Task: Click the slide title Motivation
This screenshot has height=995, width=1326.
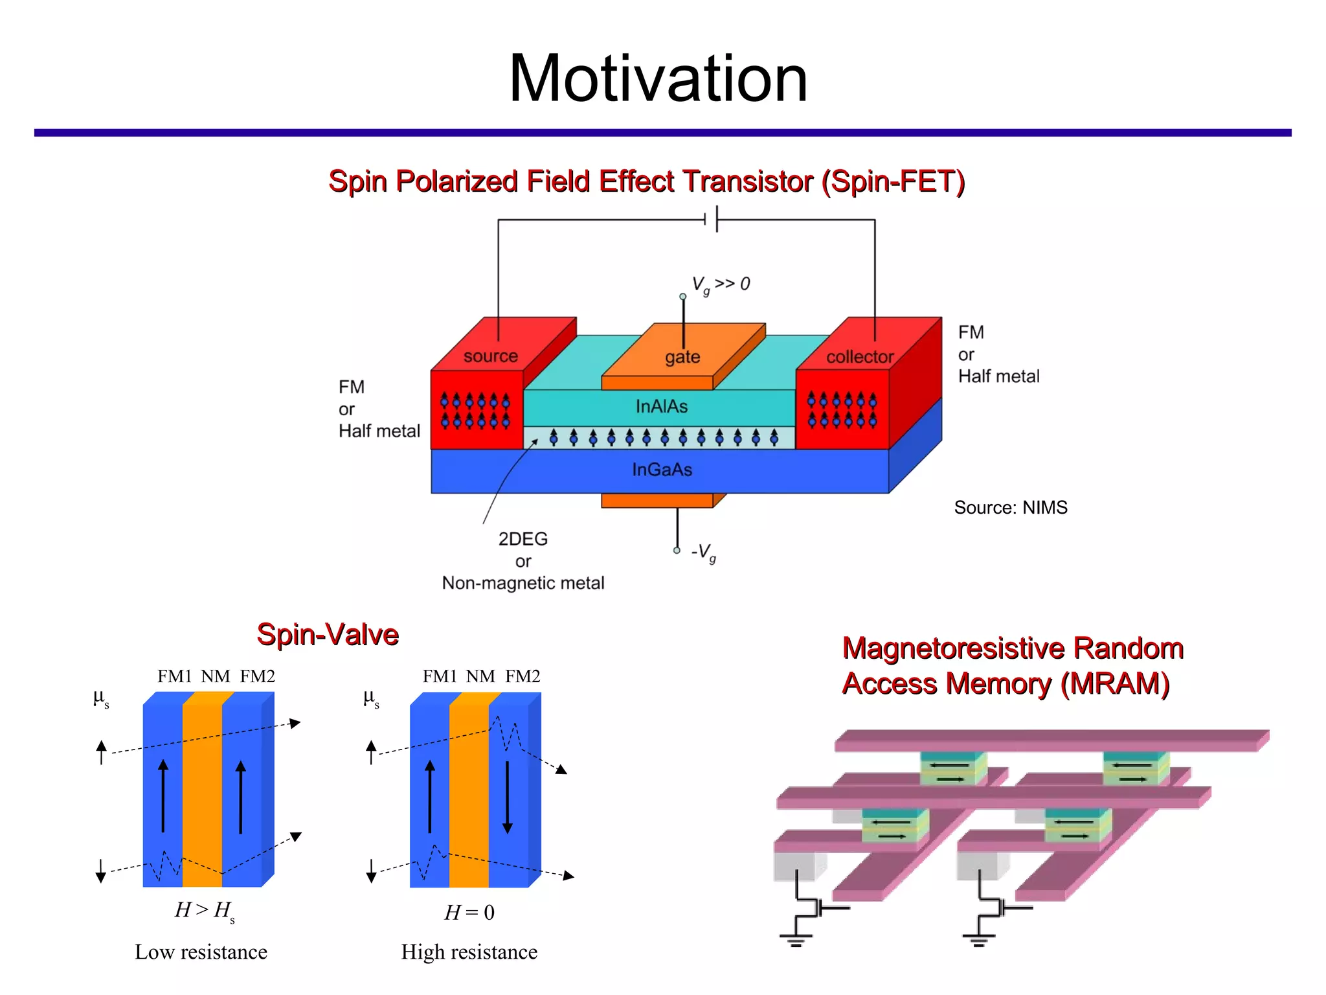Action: pos(658,79)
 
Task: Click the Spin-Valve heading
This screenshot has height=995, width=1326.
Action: pos(328,634)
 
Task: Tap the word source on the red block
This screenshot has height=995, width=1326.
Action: pos(490,356)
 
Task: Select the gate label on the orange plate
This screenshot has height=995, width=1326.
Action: pos(682,357)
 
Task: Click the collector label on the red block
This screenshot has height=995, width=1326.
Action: pos(859,357)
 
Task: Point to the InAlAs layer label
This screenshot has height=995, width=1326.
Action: pos(661,407)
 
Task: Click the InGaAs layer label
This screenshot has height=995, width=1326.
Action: pos(662,470)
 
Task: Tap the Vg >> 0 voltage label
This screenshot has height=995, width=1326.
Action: pos(720,284)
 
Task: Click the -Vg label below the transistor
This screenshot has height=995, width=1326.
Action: pos(703,553)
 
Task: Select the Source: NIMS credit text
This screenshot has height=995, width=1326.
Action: pos(1010,507)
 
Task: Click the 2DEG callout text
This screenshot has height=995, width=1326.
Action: pos(523,539)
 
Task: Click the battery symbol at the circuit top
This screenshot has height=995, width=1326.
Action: pos(711,220)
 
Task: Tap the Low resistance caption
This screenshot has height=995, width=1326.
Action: pos(201,952)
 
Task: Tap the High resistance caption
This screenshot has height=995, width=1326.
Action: pos(469,952)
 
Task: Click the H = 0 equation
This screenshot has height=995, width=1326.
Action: pos(469,913)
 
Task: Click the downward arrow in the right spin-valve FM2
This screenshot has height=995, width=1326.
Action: pos(508,797)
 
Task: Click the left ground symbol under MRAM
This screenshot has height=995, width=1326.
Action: pos(796,939)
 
